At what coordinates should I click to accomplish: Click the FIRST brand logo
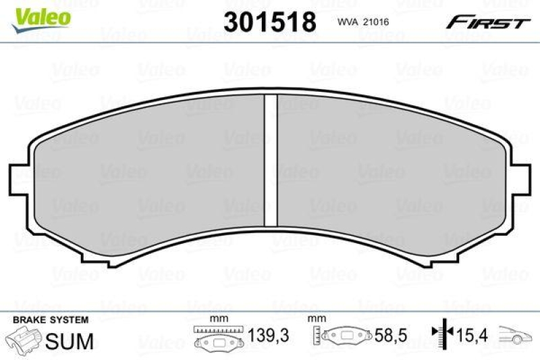487,23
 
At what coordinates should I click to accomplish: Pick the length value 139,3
263,334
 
